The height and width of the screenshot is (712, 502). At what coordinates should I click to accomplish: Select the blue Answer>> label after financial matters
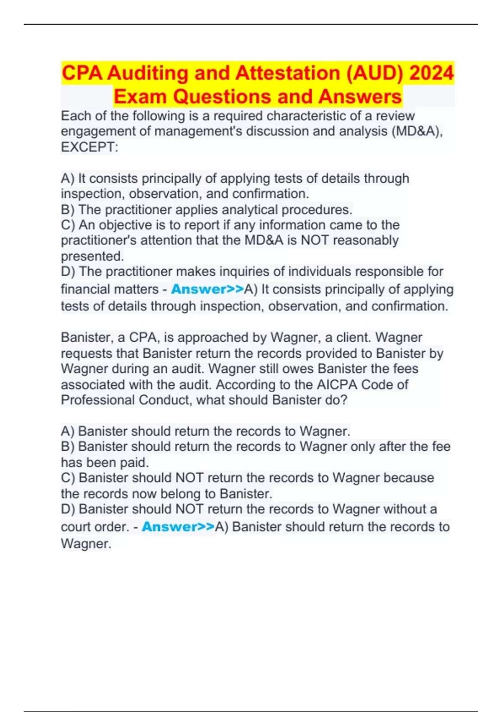[207, 289]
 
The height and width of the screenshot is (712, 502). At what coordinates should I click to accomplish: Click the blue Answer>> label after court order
[178, 526]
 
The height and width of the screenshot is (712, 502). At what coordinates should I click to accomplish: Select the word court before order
[77, 526]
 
